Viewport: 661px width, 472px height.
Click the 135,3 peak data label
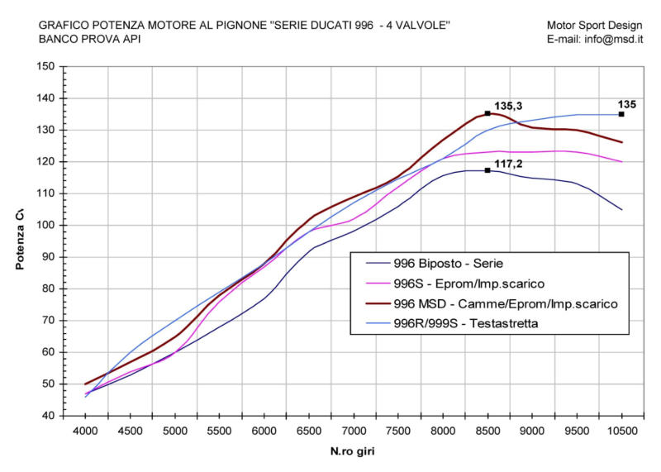pyautogui.click(x=509, y=106)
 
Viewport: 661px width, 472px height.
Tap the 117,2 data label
pyautogui.click(x=509, y=164)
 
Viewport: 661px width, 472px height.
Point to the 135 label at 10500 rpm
pyautogui.click(x=627, y=104)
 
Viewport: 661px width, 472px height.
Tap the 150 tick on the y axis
pyautogui.click(x=47, y=67)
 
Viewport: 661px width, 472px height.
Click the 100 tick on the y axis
pyautogui.click(x=47, y=226)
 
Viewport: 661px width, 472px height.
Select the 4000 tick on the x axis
pyautogui.click(x=85, y=431)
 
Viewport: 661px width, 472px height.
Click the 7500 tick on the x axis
pyautogui.click(x=398, y=431)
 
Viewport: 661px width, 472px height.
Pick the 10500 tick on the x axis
pyautogui.click(x=621, y=431)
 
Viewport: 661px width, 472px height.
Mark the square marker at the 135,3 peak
pyautogui.click(x=487, y=113)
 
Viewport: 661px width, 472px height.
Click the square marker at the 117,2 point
pyautogui.click(x=487, y=170)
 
